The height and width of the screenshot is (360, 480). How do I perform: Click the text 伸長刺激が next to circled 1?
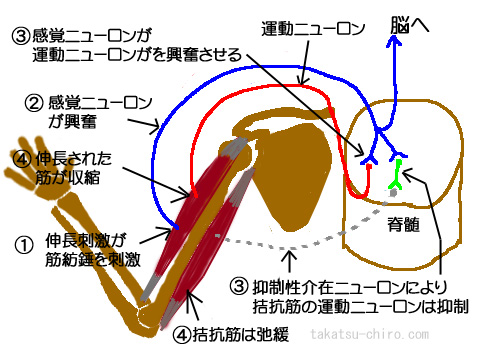[x=83, y=241]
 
